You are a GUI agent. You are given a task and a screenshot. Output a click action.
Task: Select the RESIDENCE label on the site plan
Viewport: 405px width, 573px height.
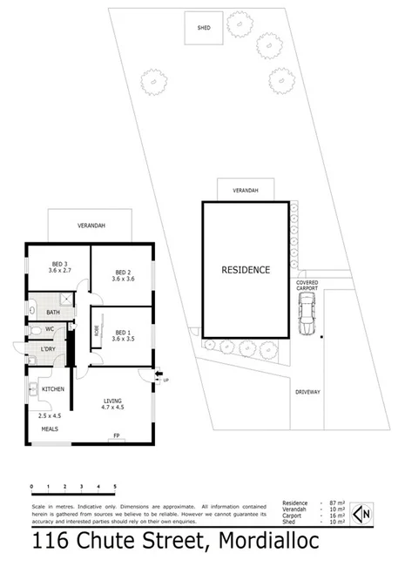click(x=245, y=270)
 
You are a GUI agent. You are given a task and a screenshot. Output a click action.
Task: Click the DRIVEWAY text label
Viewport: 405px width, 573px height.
click(x=307, y=392)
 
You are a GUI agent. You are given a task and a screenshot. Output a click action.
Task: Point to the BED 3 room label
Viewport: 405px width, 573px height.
click(x=60, y=267)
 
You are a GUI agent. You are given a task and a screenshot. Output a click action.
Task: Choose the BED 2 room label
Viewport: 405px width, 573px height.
click(x=123, y=275)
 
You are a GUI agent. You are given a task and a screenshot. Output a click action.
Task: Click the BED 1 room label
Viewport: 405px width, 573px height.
click(x=124, y=335)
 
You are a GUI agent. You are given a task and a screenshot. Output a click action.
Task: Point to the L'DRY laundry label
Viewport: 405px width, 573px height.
click(x=49, y=351)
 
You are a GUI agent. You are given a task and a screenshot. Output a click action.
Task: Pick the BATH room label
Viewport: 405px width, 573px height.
click(x=53, y=313)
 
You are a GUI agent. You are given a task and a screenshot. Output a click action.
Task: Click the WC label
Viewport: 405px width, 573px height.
click(x=51, y=329)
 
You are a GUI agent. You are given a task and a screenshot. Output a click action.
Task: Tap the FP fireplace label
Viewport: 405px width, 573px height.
click(x=116, y=435)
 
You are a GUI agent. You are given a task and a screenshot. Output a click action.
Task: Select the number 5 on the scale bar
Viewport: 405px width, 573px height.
click(x=115, y=486)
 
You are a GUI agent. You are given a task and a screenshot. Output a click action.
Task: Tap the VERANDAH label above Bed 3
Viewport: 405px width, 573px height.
click(x=91, y=226)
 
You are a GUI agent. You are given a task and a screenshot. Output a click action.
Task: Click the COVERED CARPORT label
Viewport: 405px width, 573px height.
click(x=307, y=286)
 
